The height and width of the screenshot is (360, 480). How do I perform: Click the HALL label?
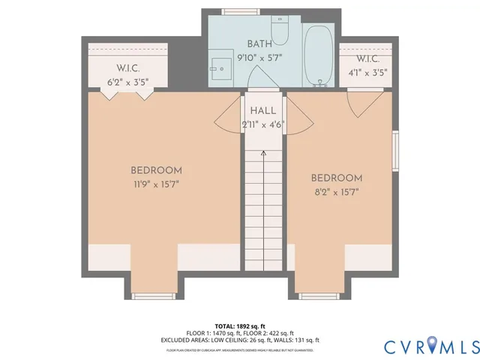[262, 111]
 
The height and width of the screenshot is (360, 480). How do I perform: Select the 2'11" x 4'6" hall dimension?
[262, 124]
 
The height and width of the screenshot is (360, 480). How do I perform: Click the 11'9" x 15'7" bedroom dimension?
[156, 184]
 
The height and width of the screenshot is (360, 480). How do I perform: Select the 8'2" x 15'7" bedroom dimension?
[337, 191]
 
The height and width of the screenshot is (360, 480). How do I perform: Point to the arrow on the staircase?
[263, 154]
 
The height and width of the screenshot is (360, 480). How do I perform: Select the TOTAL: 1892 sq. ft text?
[239, 326]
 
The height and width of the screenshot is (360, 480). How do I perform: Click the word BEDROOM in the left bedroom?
[156, 171]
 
